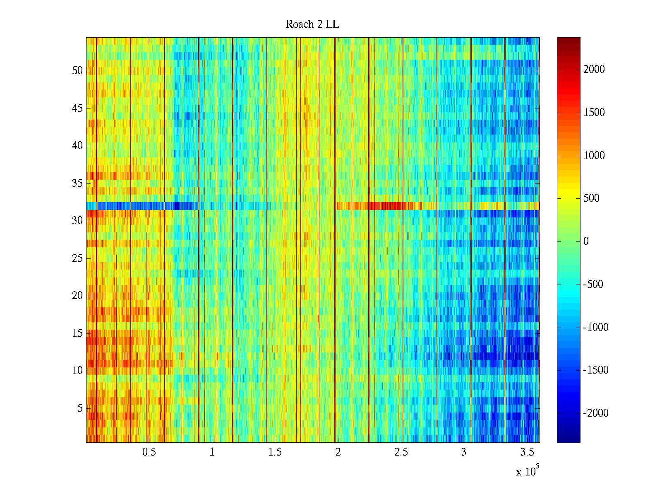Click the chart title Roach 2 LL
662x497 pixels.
click(x=312, y=24)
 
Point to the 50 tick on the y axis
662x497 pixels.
click(x=77, y=71)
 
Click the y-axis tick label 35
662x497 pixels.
click(x=77, y=183)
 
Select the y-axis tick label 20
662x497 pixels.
click(x=77, y=296)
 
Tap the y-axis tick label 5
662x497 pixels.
click(x=80, y=408)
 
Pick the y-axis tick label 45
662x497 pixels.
click(x=77, y=109)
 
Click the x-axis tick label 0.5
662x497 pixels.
click(x=149, y=452)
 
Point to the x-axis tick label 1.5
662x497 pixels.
click(x=275, y=452)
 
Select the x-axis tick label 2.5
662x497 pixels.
click(x=401, y=452)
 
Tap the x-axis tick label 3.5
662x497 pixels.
click(x=527, y=452)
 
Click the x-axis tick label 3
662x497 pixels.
click(x=464, y=452)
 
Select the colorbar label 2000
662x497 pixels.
click(x=594, y=70)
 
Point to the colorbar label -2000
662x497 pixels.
click(x=596, y=413)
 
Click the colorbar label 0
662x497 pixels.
click(x=586, y=241)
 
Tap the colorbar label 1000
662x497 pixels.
click(x=594, y=156)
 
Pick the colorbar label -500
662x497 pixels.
click(x=593, y=285)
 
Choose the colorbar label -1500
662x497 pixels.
click(x=596, y=370)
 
